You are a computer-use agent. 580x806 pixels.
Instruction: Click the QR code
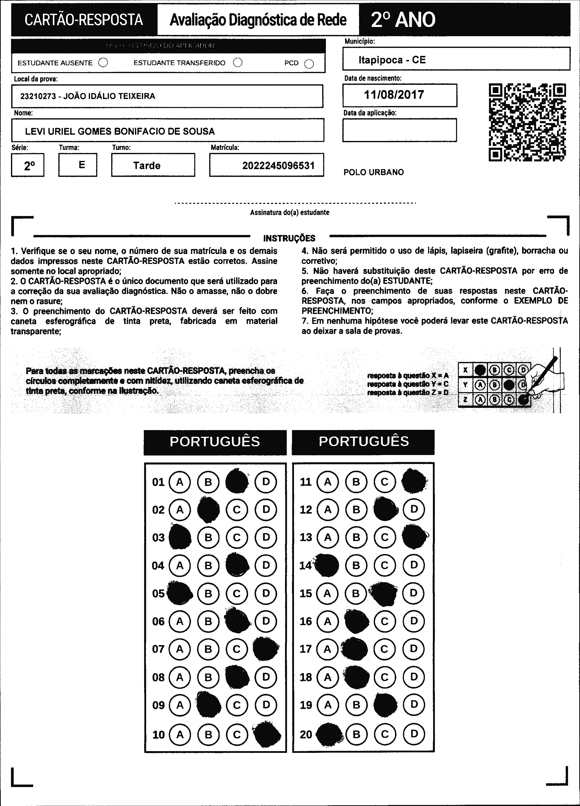pyautogui.click(x=527, y=122)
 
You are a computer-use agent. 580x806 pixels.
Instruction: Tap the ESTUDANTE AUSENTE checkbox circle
pyautogui.click(x=103, y=63)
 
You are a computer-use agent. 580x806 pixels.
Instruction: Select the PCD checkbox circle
pyautogui.click(x=309, y=64)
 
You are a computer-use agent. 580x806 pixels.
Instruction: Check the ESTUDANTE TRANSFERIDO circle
pyautogui.click(x=238, y=63)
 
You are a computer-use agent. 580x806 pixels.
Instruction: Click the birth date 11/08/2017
pyautogui.click(x=394, y=95)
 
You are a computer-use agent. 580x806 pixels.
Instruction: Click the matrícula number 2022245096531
pyautogui.click(x=278, y=166)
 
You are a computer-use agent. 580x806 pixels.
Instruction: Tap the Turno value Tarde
pyautogui.click(x=147, y=166)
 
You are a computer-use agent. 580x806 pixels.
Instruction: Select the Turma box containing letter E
pyautogui.click(x=78, y=165)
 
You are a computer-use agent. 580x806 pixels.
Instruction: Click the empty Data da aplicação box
pyautogui.click(x=399, y=130)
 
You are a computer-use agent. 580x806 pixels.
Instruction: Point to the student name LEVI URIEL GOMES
pyautogui.click(x=120, y=131)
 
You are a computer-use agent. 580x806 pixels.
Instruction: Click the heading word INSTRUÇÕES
pyautogui.click(x=289, y=238)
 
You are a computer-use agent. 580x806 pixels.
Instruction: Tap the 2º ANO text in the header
pyautogui.click(x=403, y=20)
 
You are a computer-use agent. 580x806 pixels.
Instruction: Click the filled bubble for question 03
pyautogui.click(x=180, y=537)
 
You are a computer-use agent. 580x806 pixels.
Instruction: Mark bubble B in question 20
pyautogui.click(x=356, y=734)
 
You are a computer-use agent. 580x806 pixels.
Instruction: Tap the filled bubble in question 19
pyautogui.click(x=385, y=704)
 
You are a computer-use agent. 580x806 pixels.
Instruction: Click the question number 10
pyautogui.click(x=158, y=735)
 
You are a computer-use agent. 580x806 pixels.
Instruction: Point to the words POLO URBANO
pyautogui.click(x=374, y=172)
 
